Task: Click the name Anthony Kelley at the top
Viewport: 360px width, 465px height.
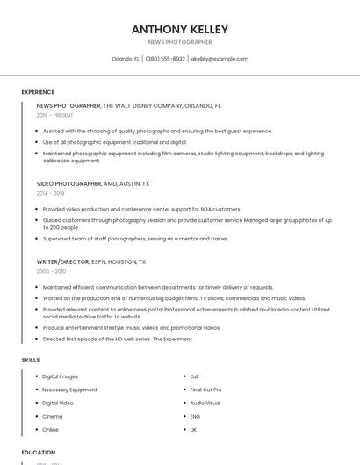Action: pyautogui.click(x=179, y=29)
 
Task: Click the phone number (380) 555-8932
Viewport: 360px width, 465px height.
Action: pyautogui.click(x=165, y=59)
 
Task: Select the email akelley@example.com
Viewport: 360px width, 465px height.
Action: pyautogui.click(x=220, y=59)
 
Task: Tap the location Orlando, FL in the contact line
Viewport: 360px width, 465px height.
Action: pyautogui.click(x=126, y=59)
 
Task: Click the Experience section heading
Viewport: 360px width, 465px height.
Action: pyautogui.click(x=38, y=92)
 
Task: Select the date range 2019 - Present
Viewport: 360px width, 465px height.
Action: pyautogui.click(x=55, y=115)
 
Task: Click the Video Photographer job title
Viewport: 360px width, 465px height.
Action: pyautogui.click(x=69, y=184)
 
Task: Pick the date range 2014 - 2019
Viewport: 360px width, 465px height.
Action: pyautogui.click(x=51, y=193)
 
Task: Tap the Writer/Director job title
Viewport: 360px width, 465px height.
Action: pyautogui.click(x=63, y=262)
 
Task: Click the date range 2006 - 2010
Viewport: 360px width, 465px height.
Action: pyautogui.click(x=51, y=271)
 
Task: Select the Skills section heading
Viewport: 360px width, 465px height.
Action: pyautogui.click(x=31, y=360)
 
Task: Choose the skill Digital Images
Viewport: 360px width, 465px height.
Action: pyautogui.click(x=61, y=376)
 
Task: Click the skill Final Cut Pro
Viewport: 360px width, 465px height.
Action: pyautogui.click(x=205, y=390)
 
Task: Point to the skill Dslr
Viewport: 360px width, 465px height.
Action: pyautogui.click(x=195, y=376)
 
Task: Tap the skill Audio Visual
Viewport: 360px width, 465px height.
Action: pyautogui.click(x=205, y=403)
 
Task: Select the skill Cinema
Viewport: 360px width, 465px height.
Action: pyautogui.click(x=53, y=416)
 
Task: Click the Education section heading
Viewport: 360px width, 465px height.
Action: pyautogui.click(x=39, y=453)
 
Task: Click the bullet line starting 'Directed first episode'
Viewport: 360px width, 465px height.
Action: pyautogui.click(x=117, y=339)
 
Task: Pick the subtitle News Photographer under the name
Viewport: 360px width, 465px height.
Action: pyautogui.click(x=179, y=42)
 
